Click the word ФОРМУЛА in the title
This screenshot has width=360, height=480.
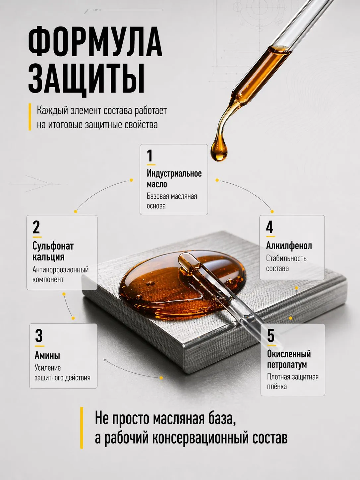click(95, 42)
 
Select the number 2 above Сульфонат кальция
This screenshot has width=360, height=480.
click(36, 227)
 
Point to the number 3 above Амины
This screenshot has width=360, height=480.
click(39, 336)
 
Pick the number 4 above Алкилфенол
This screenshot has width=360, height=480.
click(270, 227)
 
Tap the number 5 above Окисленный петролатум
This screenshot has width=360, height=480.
click(271, 335)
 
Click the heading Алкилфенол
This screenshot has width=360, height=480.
click(289, 246)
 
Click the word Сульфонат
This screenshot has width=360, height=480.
click(53, 246)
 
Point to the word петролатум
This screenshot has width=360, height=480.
click(287, 365)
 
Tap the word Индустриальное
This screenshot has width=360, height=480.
click(174, 174)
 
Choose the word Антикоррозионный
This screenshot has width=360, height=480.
click(61, 270)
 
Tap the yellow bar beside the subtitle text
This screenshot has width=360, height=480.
click(30, 117)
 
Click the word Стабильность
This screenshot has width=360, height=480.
click(286, 259)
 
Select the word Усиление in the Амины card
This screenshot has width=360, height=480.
click(47, 368)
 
